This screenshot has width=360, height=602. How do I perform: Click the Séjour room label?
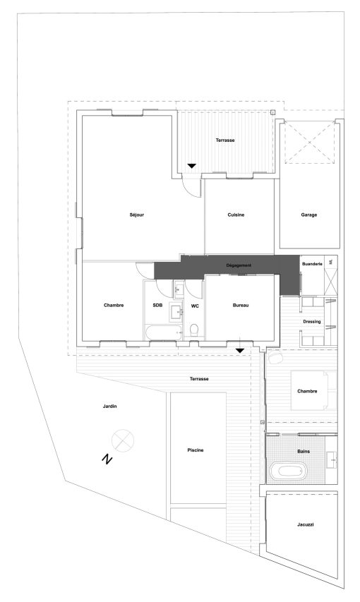(137, 215)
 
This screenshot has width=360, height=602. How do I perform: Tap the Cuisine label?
(236, 215)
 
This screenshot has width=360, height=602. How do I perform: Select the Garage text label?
(309, 215)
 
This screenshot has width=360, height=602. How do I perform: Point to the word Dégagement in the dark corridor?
(239, 265)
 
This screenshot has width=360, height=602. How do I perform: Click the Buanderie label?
(313, 264)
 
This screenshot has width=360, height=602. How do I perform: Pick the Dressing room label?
(311, 321)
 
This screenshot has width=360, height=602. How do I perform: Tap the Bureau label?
(241, 305)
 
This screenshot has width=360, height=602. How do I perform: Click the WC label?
(195, 306)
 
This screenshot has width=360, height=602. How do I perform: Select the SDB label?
(157, 305)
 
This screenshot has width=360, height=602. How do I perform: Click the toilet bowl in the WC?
(194, 330)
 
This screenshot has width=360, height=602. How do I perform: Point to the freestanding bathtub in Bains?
(289, 471)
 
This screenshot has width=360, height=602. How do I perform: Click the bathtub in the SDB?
(164, 332)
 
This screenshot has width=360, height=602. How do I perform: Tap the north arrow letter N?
(107, 459)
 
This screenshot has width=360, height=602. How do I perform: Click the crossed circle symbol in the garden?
(123, 440)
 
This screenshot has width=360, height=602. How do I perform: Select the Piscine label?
(196, 450)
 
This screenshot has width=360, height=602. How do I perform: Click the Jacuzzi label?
(306, 524)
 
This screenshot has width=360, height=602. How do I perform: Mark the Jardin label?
(110, 407)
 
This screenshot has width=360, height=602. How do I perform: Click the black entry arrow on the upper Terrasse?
(192, 166)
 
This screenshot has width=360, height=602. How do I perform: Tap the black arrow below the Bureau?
(240, 351)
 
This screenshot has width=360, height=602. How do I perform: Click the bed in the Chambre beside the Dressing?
(313, 390)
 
